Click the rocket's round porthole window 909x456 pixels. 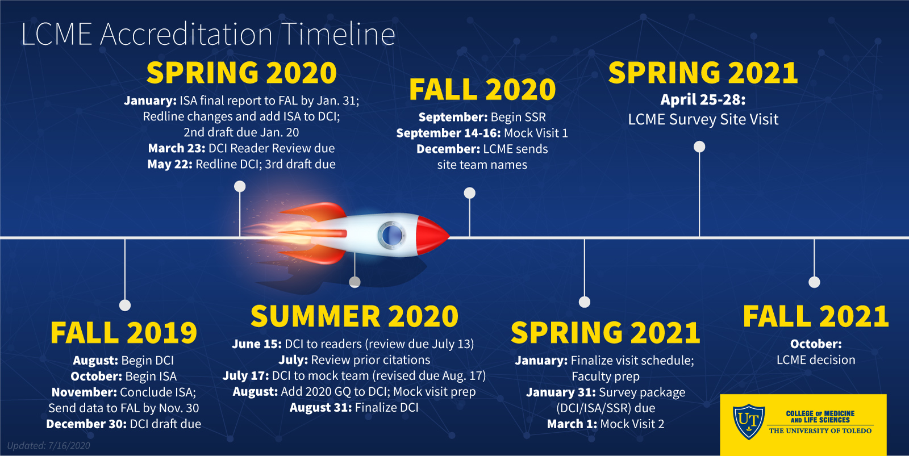[x=391, y=235]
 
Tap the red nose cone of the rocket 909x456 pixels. [x=432, y=236]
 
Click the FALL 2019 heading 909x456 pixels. [x=124, y=333]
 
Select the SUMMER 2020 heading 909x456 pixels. [x=355, y=316]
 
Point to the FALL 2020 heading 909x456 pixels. [x=482, y=90]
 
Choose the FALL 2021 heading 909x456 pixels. [x=816, y=316]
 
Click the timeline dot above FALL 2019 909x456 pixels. [x=125, y=305]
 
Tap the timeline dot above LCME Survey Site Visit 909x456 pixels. [x=699, y=147]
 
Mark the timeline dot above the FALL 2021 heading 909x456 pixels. [x=814, y=282]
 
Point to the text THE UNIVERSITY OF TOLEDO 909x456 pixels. [x=820, y=431]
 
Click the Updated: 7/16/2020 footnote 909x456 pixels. [x=49, y=445]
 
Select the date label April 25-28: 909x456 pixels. [x=703, y=100]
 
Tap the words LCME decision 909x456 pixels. [x=816, y=360]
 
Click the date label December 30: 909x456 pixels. [x=86, y=424]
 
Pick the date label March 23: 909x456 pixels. [x=177, y=148]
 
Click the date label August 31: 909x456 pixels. [x=320, y=407]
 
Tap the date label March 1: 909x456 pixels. [x=572, y=424]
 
